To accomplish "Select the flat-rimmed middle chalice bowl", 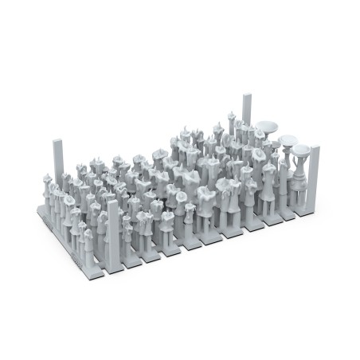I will point(288,143).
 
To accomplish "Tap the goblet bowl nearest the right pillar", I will point(301,149).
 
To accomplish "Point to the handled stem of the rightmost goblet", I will point(300,171).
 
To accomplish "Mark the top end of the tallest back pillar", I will point(245,96).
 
